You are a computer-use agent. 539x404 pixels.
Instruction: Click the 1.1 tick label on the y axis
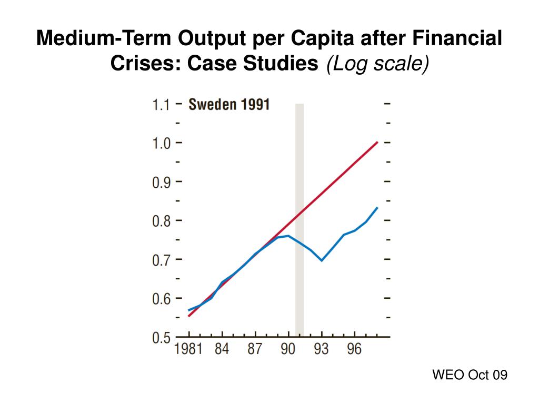pyautogui.click(x=161, y=105)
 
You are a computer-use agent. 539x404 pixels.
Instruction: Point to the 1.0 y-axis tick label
pyautogui.click(x=161, y=143)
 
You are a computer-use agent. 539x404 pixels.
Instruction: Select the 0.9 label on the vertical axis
pyautogui.click(x=161, y=182)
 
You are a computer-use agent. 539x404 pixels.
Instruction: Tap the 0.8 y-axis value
pyautogui.click(x=161, y=221)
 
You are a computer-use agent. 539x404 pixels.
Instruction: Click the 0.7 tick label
pyautogui.click(x=161, y=260)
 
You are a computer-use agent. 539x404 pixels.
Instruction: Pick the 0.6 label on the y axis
pyautogui.click(x=161, y=299)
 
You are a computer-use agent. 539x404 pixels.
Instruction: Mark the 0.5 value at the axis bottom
pyautogui.click(x=161, y=337)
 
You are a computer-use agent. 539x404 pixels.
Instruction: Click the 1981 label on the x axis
pyautogui.click(x=188, y=349)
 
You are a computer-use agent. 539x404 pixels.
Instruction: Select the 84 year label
pyautogui.click(x=222, y=349)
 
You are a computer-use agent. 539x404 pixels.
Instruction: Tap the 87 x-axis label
pyautogui.click(x=255, y=349)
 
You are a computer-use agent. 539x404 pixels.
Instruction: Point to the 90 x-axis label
pyautogui.click(x=288, y=349)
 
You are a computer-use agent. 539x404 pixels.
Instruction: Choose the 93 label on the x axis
pyautogui.click(x=321, y=349)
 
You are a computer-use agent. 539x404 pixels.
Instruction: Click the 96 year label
pyautogui.click(x=354, y=349)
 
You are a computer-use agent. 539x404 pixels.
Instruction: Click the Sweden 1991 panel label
pyautogui.click(x=229, y=104)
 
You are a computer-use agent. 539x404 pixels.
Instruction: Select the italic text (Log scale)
pyautogui.click(x=378, y=64)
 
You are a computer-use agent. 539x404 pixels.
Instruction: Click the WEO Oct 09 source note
pyautogui.click(x=470, y=375)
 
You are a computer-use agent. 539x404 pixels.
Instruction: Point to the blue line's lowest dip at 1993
pyautogui.click(x=321, y=260)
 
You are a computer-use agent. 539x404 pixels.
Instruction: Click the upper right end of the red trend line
pyautogui.click(x=377, y=142)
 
